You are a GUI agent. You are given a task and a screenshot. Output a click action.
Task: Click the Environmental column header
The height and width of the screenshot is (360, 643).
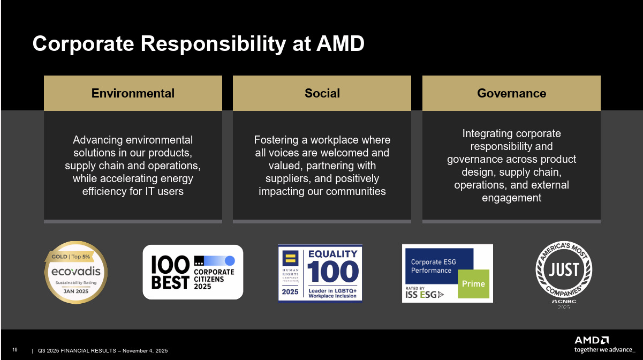(x=133, y=93)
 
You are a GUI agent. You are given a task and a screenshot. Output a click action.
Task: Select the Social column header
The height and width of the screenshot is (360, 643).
(x=322, y=93)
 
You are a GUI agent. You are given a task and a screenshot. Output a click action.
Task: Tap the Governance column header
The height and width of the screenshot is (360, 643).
(x=511, y=93)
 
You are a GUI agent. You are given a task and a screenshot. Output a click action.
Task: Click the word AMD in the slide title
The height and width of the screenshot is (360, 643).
(x=341, y=44)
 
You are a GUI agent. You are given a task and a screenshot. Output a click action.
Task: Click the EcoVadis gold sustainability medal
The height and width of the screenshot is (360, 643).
(x=75, y=272)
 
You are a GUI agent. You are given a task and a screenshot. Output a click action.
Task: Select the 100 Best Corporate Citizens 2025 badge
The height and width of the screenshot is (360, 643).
(x=193, y=272)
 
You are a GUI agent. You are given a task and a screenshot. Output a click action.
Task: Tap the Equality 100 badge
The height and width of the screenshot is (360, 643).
(x=320, y=273)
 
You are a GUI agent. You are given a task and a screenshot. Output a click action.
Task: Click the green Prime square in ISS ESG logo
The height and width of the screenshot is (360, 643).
(x=473, y=284)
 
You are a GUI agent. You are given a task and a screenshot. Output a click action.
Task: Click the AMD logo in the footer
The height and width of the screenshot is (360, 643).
(x=592, y=340)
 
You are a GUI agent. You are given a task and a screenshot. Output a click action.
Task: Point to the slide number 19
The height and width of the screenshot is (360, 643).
(x=15, y=350)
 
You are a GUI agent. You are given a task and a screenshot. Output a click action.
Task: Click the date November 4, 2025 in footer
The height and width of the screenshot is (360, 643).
(x=145, y=351)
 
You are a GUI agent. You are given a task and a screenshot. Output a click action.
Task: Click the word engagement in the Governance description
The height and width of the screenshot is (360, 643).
(x=511, y=198)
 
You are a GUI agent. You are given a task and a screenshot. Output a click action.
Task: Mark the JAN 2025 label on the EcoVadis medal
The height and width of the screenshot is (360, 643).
(x=75, y=292)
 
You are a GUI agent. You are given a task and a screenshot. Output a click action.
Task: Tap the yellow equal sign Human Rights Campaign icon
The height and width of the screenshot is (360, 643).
(x=290, y=256)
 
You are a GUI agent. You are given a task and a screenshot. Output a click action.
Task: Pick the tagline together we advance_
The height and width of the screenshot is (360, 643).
(x=603, y=350)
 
